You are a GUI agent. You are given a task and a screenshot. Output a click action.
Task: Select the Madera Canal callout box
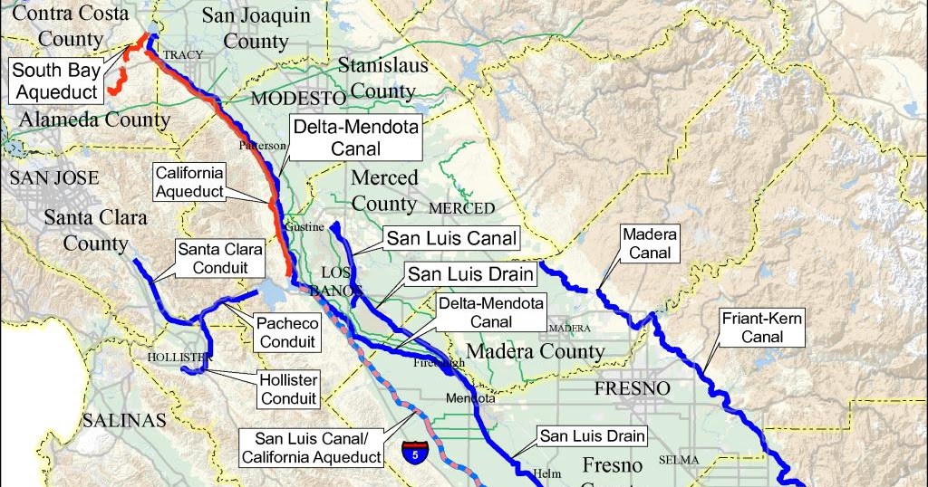pos(650,243)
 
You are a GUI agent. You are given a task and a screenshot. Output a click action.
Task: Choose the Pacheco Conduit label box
pos(285,332)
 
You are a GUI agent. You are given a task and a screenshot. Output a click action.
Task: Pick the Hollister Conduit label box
pos(288,389)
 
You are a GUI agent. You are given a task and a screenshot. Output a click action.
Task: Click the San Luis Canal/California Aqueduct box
pos(312,447)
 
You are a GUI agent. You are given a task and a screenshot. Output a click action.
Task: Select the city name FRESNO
pos(632,388)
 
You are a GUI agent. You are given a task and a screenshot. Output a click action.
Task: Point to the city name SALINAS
pos(125,420)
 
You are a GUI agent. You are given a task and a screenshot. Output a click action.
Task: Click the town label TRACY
pos(183,55)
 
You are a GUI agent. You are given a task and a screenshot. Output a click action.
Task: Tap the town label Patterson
pos(263,145)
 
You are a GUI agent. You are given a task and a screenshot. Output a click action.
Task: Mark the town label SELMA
pos(679,460)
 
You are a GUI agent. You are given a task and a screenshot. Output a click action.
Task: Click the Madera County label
pos(535,351)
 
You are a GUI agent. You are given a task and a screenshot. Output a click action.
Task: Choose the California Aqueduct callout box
pos(189,181)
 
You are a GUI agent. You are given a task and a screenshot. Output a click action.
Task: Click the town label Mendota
pos(470,398)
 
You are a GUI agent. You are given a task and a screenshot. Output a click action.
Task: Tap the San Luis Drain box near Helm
pos(593,436)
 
